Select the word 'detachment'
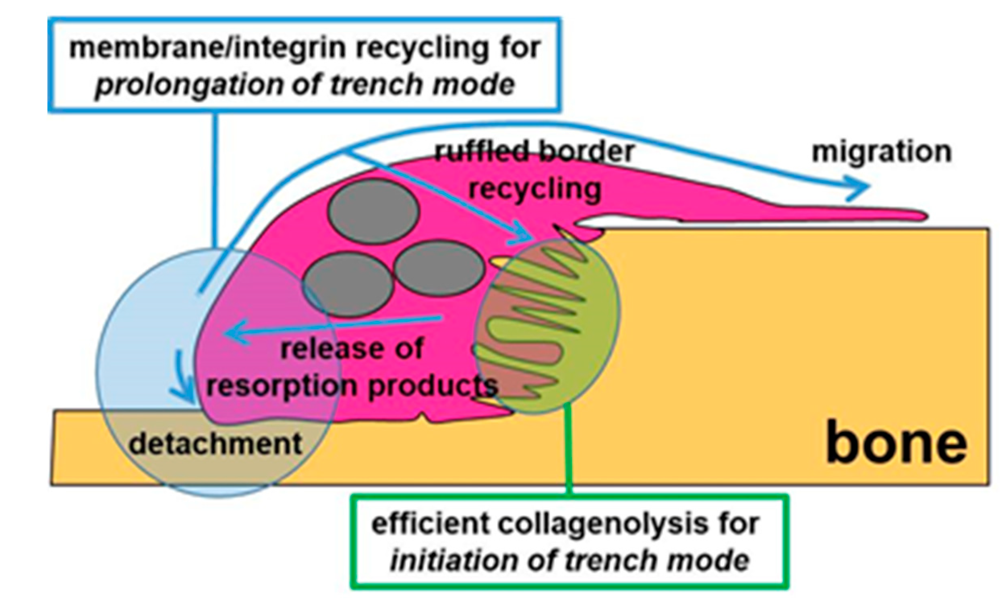[215, 444]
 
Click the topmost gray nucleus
[373, 211]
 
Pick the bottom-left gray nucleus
[348, 284]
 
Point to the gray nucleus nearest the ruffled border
[439, 268]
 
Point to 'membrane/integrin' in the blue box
[207, 48]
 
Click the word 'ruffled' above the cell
[480, 152]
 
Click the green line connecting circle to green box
[569, 450]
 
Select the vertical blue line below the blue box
[215, 179]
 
